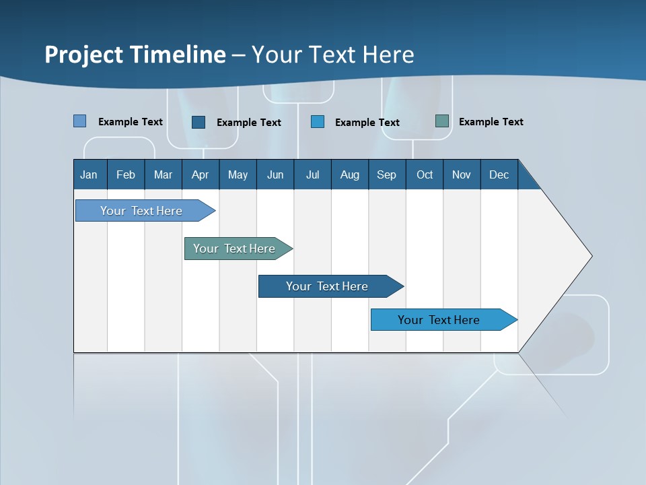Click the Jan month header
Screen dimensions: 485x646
click(89, 174)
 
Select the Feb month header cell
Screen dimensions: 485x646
click(126, 174)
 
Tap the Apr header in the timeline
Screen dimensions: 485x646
click(201, 174)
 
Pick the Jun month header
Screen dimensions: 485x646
click(275, 174)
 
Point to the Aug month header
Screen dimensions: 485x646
click(350, 174)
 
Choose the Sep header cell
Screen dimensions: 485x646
click(387, 174)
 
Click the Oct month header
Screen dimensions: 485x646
click(425, 174)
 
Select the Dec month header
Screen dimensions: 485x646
click(499, 174)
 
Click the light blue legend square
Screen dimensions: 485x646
click(80, 121)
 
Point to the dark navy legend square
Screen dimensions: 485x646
click(199, 122)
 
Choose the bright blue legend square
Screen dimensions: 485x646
click(318, 122)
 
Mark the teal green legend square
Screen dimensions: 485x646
click(442, 121)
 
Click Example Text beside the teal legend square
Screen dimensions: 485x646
click(491, 122)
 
